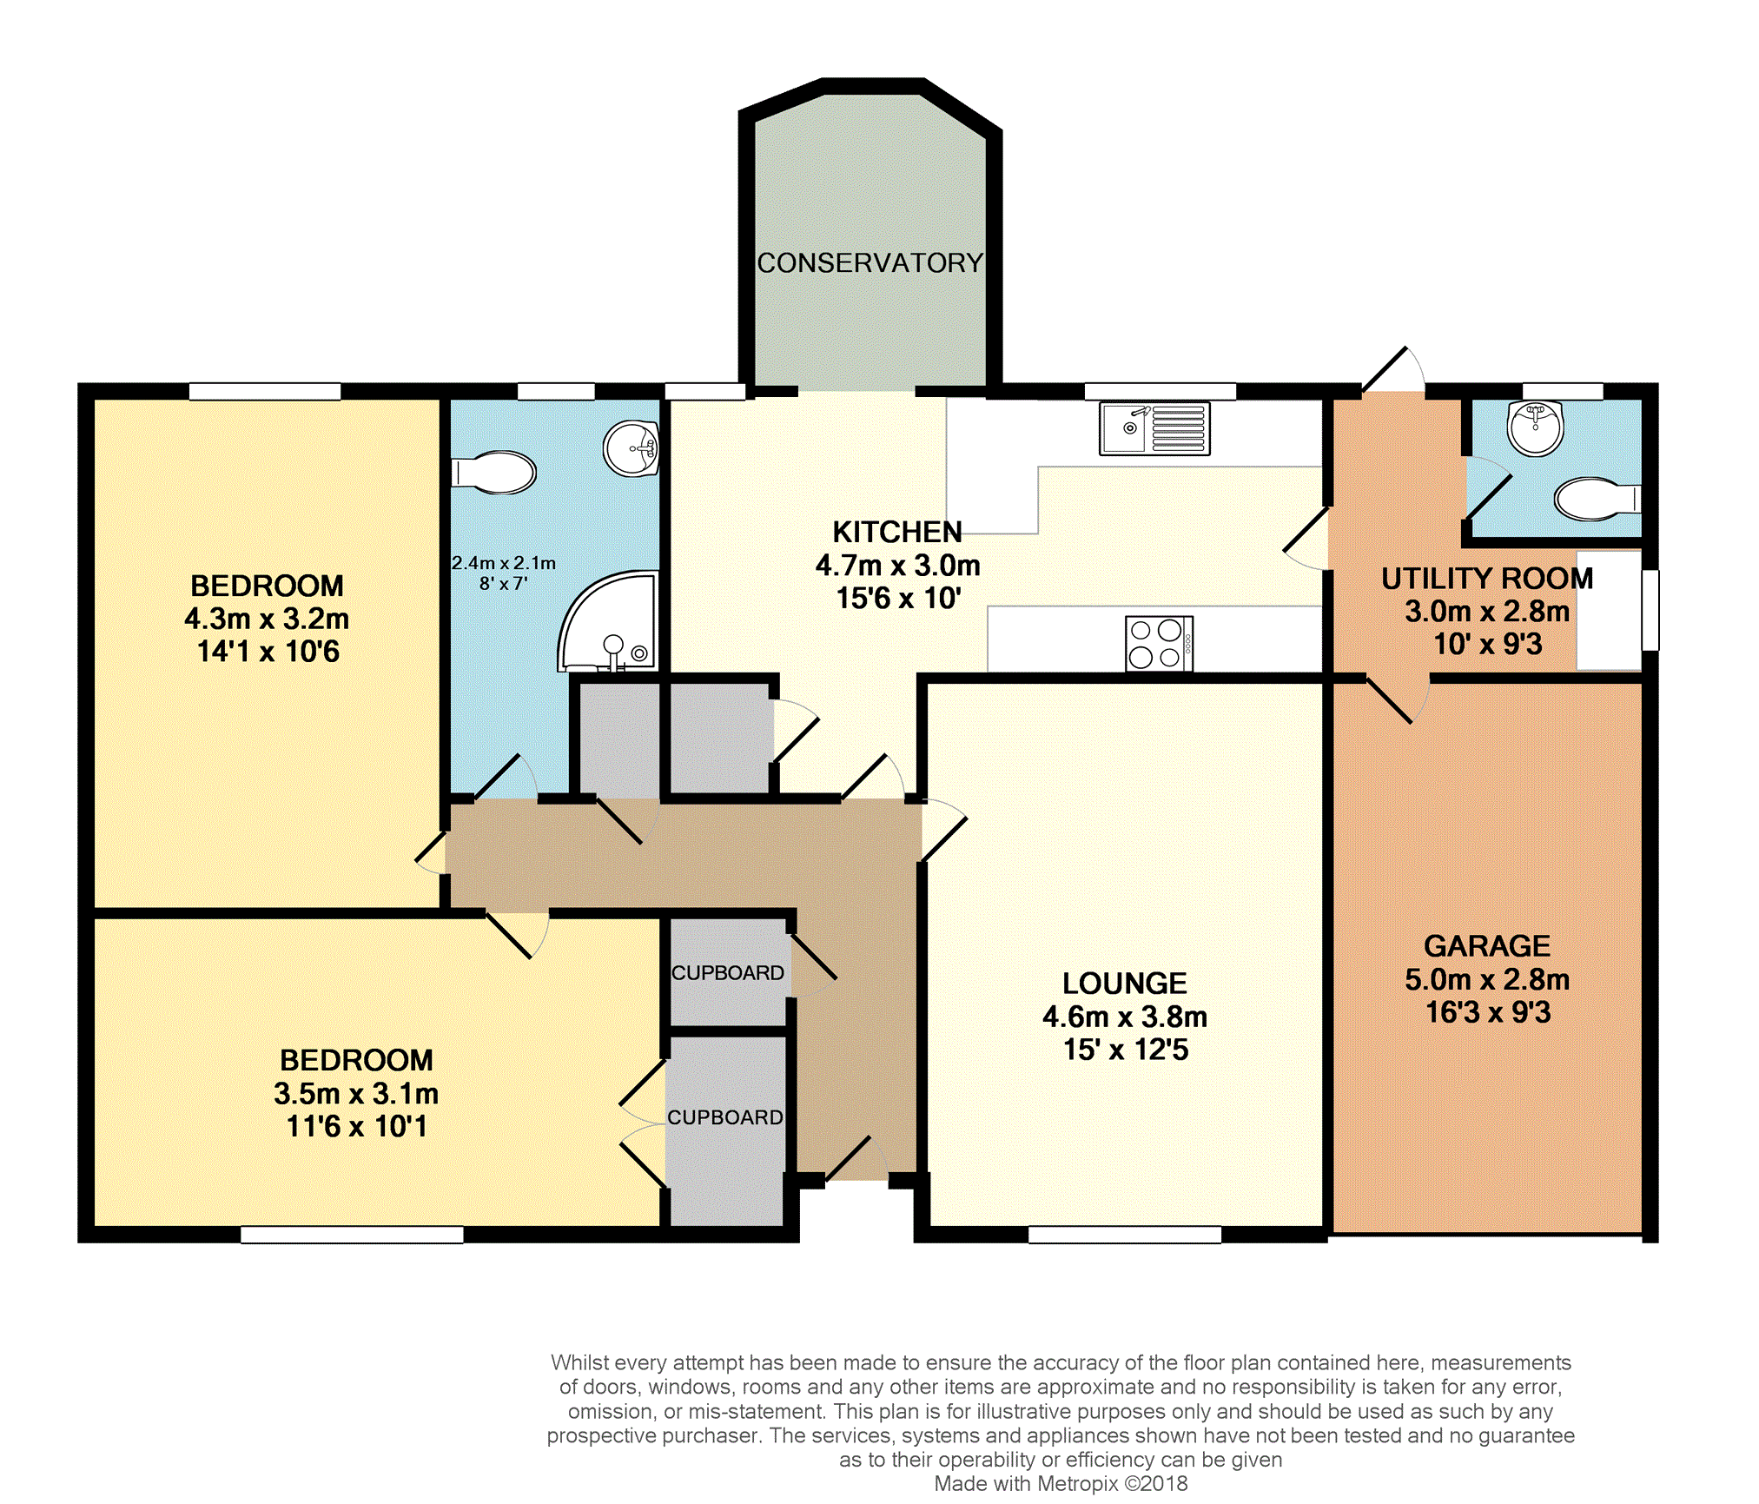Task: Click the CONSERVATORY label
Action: point(870,262)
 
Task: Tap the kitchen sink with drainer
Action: point(1154,428)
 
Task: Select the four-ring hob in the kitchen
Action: point(1159,644)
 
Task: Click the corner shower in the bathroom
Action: point(608,621)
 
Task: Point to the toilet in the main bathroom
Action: point(493,473)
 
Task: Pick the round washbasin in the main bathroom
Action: point(632,448)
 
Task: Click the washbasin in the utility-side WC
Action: point(1536,427)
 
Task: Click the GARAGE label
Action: point(1487,945)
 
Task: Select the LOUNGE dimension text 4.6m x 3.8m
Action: point(1125,1017)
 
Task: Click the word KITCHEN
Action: point(897,532)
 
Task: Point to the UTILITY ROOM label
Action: point(1487,579)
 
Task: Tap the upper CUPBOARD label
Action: point(728,973)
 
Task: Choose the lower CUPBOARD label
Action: point(725,1117)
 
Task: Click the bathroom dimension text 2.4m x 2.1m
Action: point(504,563)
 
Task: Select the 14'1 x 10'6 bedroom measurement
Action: point(268,652)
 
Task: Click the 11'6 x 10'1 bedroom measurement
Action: point(356,1126)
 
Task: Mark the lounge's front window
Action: point(1125,1235)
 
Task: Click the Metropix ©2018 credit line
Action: point(1061,1484)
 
